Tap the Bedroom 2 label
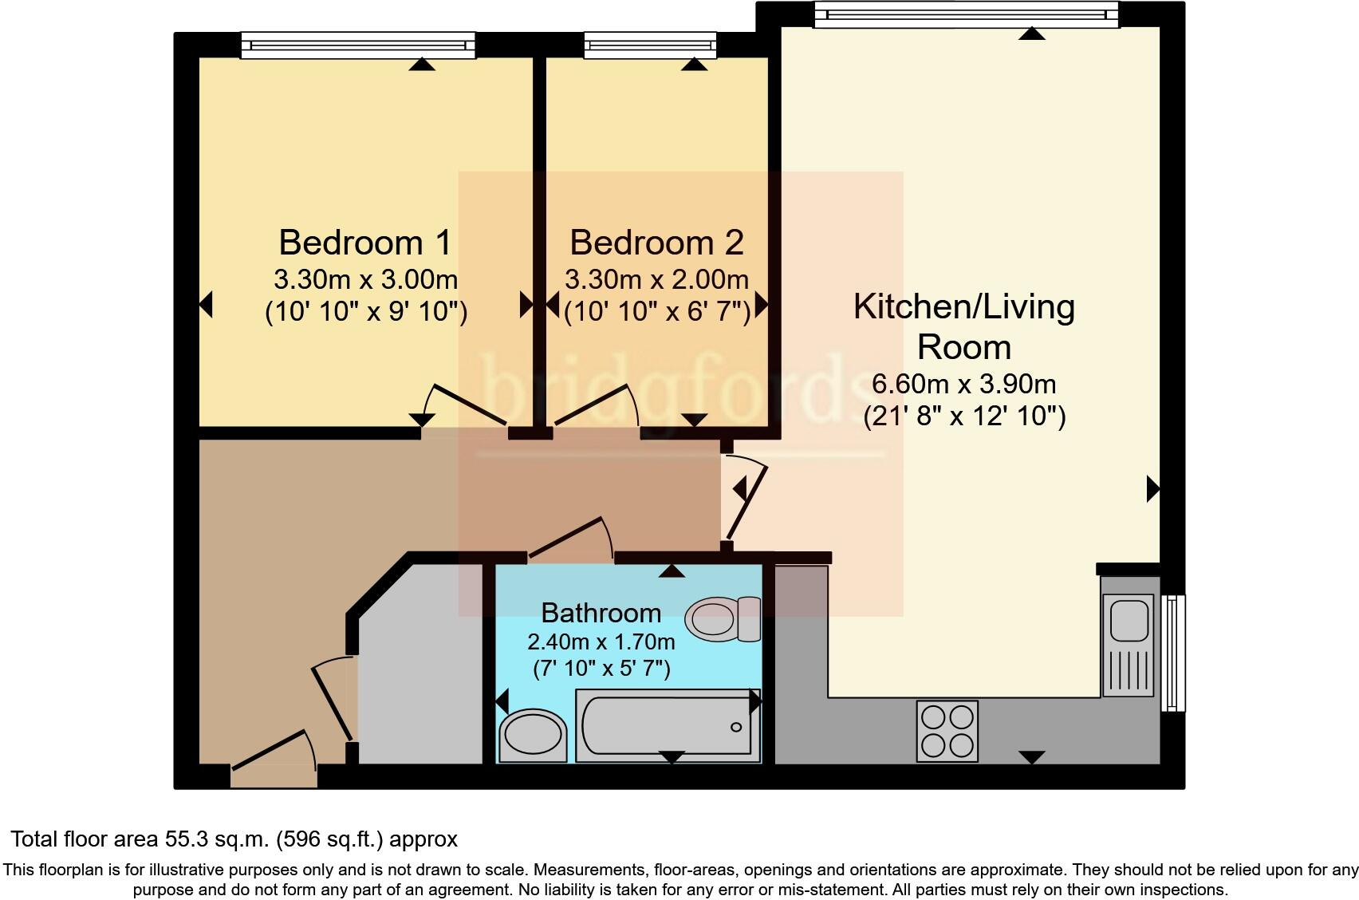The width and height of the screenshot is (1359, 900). click(656, 243)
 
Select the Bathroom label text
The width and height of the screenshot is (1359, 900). click(601, 613)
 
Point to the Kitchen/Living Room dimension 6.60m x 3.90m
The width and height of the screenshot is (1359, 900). click(963, 384)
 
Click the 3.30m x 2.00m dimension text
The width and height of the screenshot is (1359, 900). click(656, 279)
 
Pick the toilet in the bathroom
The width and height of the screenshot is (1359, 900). click(723, 618)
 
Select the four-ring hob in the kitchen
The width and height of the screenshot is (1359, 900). click(947, 731)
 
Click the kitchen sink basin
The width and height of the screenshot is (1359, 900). click(1128, 620)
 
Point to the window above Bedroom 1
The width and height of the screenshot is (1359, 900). click(358, 45)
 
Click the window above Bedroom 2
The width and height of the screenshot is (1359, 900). click(650, 45)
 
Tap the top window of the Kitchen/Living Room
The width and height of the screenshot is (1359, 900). click(966, 15)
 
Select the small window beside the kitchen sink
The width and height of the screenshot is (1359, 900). click(1172, 652)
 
